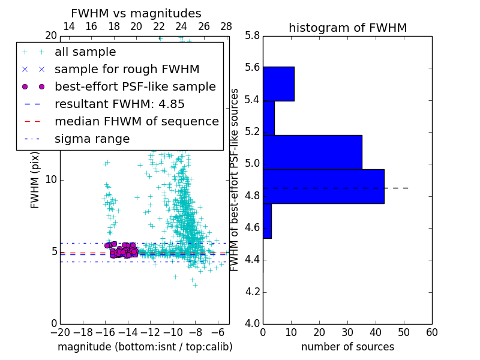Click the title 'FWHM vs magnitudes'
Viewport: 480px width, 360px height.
point(136,14)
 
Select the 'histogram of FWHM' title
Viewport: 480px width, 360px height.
point(347,28)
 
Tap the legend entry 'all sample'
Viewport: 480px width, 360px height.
point(85,52)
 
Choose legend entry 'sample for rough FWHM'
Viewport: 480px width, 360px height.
point(127,70)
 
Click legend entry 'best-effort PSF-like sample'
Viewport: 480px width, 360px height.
point(135,87)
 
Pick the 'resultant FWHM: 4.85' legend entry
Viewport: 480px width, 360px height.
point(119,104)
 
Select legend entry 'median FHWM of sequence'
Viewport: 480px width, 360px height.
point(136,122)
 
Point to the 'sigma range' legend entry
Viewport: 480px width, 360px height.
point(92,139)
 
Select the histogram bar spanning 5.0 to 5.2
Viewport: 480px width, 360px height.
point(312,152)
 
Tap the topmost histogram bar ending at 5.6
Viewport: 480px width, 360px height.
point(278,83)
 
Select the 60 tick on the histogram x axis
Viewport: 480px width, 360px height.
point(431,332)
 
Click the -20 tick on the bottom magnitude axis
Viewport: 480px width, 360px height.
point(60,332)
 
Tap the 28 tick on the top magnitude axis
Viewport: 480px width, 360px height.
point(226,26)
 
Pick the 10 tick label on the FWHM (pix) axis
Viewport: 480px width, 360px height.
point(50,180)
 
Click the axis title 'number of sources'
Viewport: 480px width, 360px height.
point(347,347)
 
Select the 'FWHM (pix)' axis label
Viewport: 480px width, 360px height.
point(35,180)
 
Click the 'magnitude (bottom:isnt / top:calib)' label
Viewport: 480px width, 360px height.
point(145,347)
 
